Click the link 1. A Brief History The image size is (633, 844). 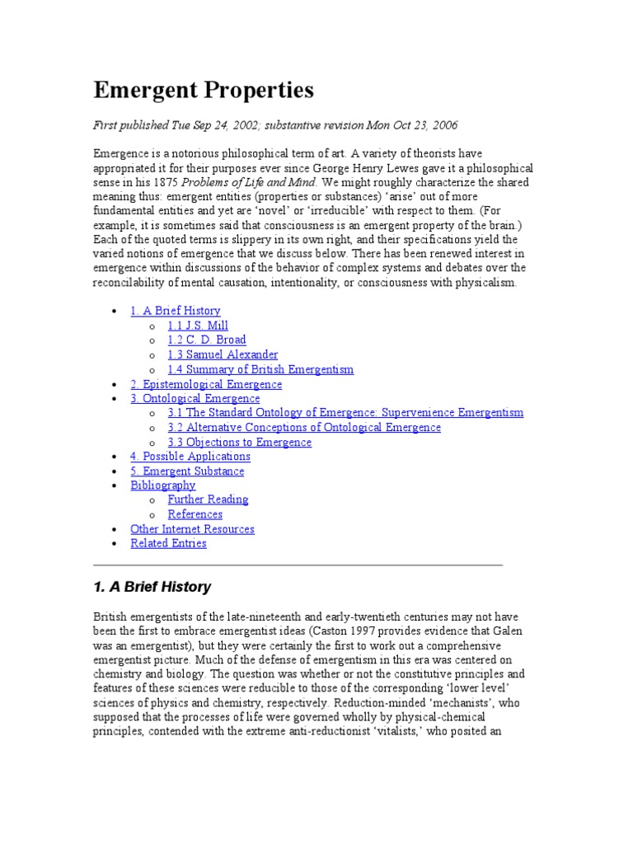[175, 311]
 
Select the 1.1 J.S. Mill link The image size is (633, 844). [198, 326]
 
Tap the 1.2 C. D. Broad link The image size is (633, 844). [206, 340]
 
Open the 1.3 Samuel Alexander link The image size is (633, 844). [223, 354]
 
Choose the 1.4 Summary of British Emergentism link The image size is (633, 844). [260, 369]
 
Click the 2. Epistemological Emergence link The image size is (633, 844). [206, 384]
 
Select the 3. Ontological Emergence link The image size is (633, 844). [195, 399]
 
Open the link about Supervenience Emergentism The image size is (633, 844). [345, 413]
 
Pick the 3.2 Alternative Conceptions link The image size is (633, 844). [304, 428]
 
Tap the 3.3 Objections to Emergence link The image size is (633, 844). [239, 443]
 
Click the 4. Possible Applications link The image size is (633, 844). [190, 457]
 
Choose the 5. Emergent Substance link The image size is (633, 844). [187, 471]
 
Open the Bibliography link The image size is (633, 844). [163, 485]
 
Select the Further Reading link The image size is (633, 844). [208, 499]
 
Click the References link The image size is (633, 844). [195, 514]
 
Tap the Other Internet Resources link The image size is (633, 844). [192, 529]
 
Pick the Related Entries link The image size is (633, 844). [168, 543]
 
